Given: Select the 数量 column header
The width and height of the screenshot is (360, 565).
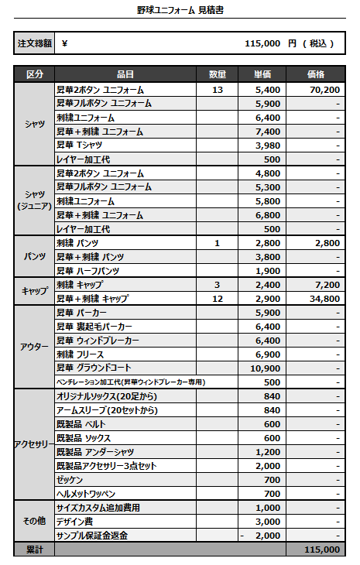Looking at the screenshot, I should click(218, 75).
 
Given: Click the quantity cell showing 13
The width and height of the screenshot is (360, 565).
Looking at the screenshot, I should click(218, 90).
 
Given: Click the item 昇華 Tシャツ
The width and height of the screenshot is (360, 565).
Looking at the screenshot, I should click(81, 146).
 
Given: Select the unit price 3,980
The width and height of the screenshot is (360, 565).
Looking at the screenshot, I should click(267, 146).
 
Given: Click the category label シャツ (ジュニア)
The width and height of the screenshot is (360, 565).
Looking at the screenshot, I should click(34, 200).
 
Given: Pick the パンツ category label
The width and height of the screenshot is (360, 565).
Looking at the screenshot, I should click(34, 256).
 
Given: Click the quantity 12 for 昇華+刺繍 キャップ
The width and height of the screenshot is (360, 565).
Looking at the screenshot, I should click(218, 299).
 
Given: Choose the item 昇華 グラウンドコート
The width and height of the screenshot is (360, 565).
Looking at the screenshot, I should click(94, 368).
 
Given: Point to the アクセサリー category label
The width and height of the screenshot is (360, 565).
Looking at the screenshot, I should click(34, 445).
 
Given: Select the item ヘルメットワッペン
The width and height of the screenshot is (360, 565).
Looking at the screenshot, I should click(86, 494).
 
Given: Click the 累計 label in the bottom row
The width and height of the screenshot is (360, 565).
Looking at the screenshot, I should click(34, 550).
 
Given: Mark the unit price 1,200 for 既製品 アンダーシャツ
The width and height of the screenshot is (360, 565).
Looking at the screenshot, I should click(267, 452).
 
